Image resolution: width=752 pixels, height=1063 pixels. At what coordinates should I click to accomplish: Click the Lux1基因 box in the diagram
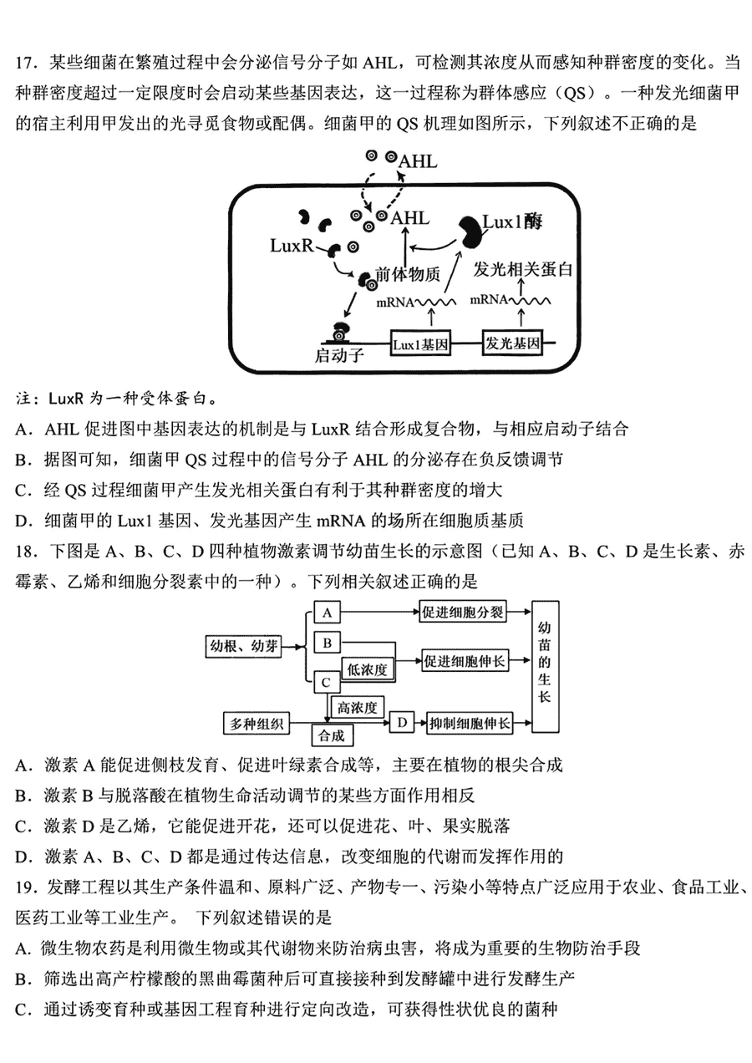click(420, 343)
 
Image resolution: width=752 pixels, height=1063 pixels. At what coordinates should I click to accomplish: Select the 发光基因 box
click(512, 342)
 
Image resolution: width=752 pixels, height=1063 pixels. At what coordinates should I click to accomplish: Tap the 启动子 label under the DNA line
click(339, 355)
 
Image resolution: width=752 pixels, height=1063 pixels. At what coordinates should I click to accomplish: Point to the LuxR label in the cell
click(292, 246)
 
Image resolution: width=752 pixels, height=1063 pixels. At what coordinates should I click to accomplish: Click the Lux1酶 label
click(512, 221)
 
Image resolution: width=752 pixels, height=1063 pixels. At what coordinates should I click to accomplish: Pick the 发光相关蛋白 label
click(522, 269)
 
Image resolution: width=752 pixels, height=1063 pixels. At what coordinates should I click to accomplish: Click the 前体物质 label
click(408, 274)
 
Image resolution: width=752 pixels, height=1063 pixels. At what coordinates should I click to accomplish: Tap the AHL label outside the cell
click(418, 161)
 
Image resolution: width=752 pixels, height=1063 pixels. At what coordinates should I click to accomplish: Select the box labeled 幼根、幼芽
click(243, 646)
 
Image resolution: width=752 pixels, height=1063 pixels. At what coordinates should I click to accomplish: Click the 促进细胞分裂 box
click(463, 613)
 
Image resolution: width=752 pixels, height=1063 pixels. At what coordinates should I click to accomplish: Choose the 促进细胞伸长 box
click(465, 660)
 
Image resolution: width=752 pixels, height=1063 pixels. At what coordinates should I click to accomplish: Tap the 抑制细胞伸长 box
click(470, 723)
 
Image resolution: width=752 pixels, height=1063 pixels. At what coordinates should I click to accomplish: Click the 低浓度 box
click(368, 669)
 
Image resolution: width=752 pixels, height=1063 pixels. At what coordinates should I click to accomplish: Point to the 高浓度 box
click(358, 708)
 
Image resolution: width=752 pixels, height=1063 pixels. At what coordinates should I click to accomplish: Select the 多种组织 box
click(257, 724)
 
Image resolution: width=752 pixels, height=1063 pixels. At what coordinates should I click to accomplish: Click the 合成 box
click(332, 735)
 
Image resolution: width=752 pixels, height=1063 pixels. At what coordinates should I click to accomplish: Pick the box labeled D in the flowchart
click(402, 723)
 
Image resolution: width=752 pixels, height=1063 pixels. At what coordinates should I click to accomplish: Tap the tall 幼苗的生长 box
click(545, 666)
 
